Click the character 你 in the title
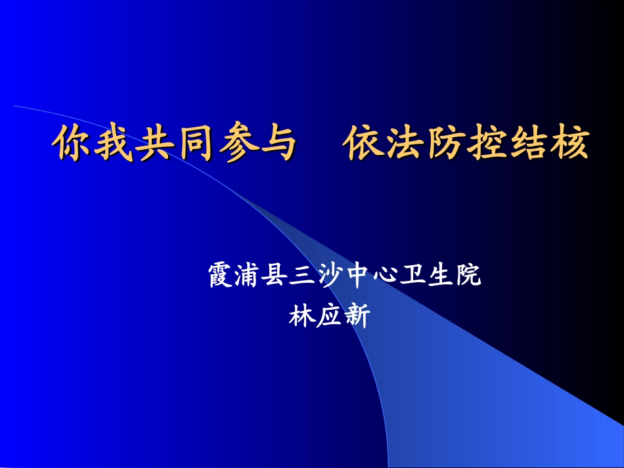tap(72, 144)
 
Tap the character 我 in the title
tap(113, 144)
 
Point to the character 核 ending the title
tap(568, 144)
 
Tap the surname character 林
tap(301, 317)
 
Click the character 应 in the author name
tap(329, 317)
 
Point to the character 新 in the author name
tap(357, 317)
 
